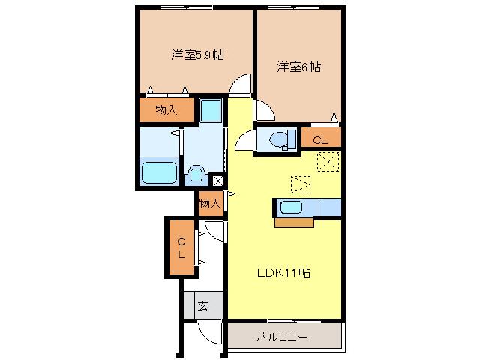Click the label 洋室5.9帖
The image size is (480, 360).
point(197,55)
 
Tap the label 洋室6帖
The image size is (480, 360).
point(298,67)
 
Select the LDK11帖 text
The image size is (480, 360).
point(283,272)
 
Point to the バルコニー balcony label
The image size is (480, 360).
point(282,337)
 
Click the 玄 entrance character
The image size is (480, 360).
point(203,305)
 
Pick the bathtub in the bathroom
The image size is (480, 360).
point(160,172)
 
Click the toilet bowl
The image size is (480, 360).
point(279,139)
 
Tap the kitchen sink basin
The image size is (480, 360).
point(291,208)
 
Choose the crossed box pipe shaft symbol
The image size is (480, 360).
point(218,181)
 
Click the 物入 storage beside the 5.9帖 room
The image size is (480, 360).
point(166,110)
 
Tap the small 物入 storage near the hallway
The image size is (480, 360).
point(210,203)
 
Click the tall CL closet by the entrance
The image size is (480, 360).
point(181,247)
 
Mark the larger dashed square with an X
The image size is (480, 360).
point(328,162)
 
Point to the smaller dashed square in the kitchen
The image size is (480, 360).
point(301,184)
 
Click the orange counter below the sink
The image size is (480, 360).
point(295,223)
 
